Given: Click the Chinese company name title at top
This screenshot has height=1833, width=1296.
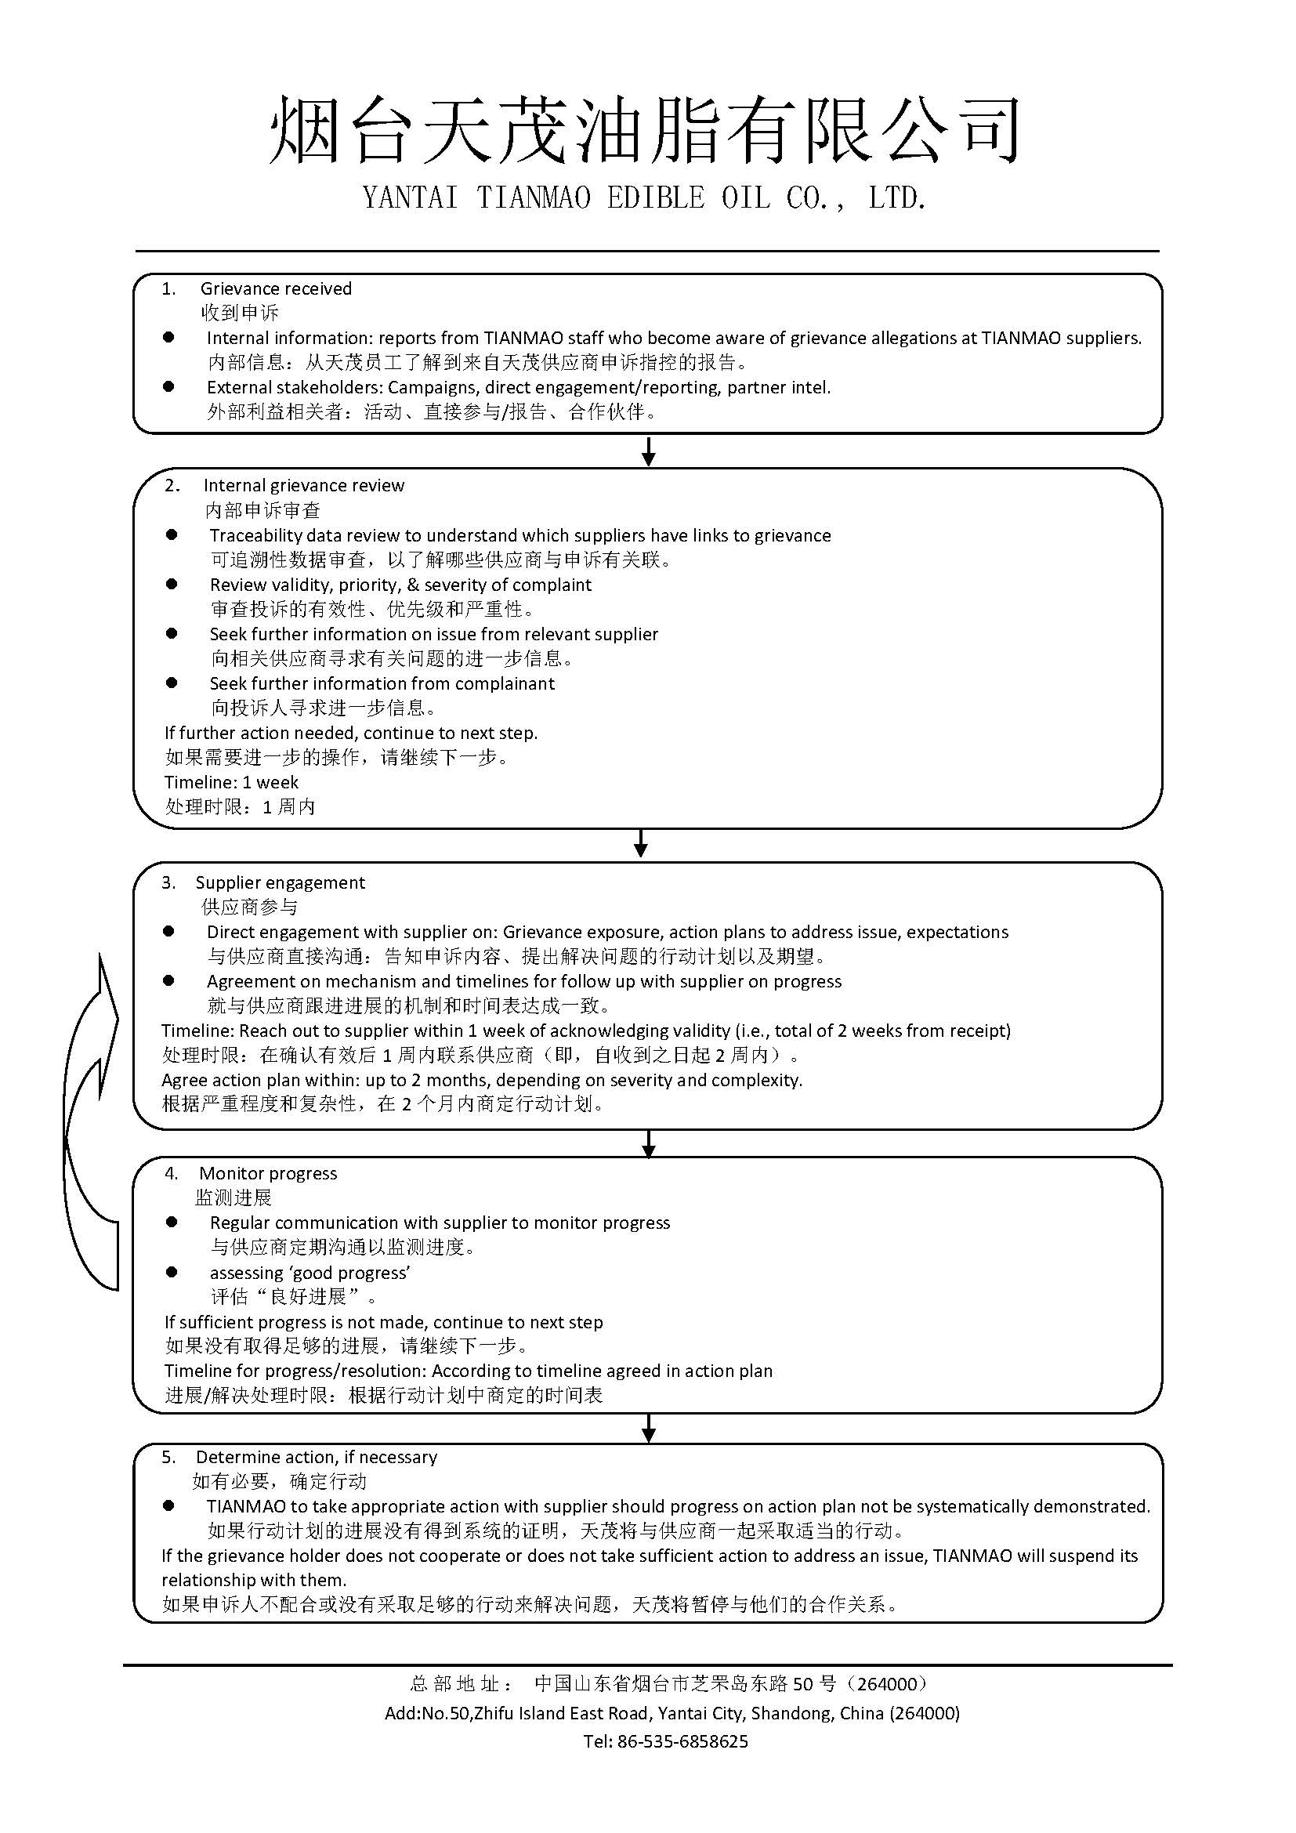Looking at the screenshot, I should tap(645, 130).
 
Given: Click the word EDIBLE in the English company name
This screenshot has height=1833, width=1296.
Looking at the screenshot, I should tap(656, 198).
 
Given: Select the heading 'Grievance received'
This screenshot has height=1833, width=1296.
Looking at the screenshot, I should tap(275, 288).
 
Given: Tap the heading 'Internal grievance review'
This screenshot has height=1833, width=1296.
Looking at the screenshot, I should tap(303, 485).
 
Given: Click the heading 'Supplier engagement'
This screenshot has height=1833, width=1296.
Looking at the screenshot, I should tap(280, 882).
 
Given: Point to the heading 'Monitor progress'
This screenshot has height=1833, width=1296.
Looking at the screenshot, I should tap(268, 1173).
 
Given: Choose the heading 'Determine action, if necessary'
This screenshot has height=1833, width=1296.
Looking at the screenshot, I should tap(316, 1456).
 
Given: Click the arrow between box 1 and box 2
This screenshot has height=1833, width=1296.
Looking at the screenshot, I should tap(649, 451).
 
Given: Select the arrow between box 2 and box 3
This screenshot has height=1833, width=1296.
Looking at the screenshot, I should tap(640, 844).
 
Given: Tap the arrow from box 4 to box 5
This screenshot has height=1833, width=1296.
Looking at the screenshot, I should tap(649, 1429).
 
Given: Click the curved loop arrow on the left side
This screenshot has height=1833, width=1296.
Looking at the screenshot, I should tap(89, 1118).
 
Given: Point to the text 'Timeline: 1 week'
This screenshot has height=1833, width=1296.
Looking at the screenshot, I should tap(231, 782).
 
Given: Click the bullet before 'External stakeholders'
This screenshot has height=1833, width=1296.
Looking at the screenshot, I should tap(168, 386).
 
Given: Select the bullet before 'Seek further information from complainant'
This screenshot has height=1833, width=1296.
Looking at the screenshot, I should tap(172, 683).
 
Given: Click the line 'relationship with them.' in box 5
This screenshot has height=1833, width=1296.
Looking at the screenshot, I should tap(254, 1580).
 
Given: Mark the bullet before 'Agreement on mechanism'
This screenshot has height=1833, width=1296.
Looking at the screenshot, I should tap(168, 980).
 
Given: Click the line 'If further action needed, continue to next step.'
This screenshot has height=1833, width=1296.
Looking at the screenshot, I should tap(351, 733).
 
